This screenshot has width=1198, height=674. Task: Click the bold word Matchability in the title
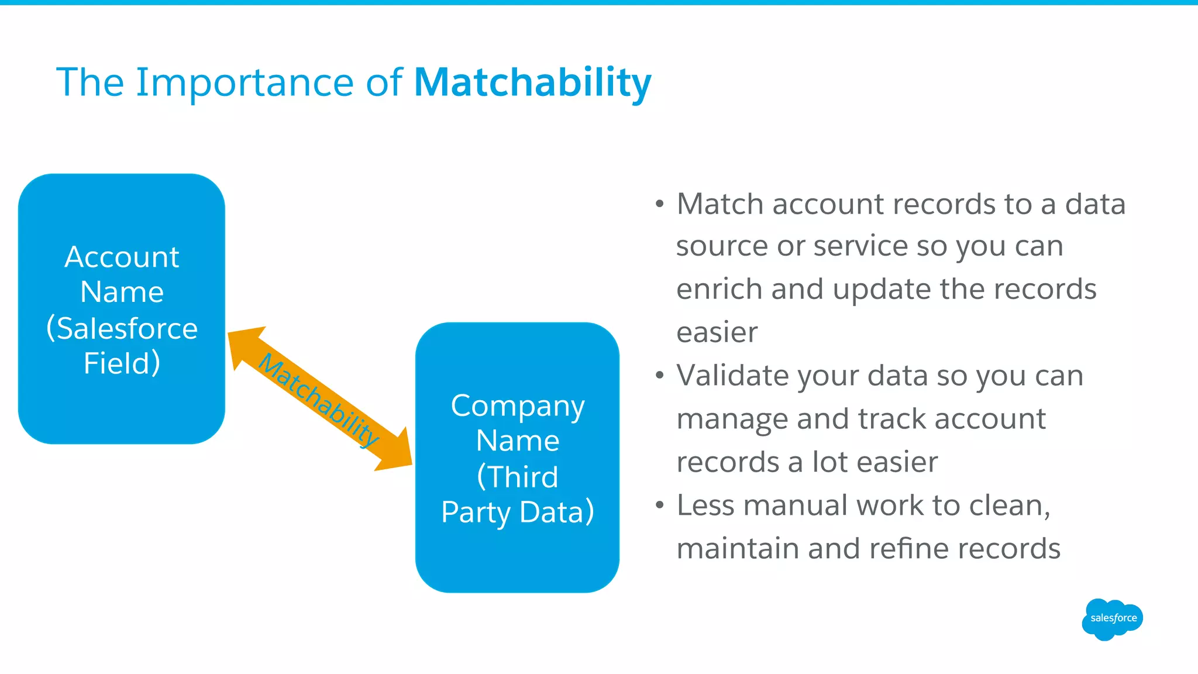pos(532,82)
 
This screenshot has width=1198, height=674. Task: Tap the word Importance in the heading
pos(245,82)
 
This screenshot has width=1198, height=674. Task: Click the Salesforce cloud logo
pos(1113,618)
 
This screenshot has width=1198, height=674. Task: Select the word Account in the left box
pos(122,257)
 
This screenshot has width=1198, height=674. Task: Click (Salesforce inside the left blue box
pos(122,328)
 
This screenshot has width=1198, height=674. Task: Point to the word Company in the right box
pos(517,406)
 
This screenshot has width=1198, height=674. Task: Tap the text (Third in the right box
pos(517,477)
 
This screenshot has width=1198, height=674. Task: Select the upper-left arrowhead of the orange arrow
pos(243,345)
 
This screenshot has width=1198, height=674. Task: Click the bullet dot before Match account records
pos(660,204)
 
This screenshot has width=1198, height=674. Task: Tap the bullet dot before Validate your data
pos(660,376)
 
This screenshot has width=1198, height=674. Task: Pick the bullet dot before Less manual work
pos(660,505)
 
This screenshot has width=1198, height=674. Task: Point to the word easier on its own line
pos(717,332)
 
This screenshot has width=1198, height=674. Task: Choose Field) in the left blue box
pos(122,363)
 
